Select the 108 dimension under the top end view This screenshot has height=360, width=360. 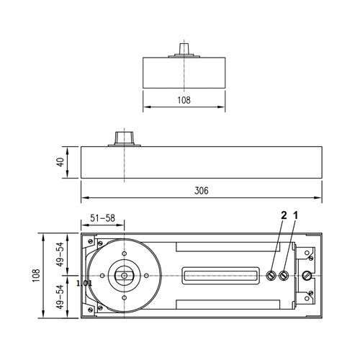184,101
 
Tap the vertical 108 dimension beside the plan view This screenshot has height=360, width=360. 35,275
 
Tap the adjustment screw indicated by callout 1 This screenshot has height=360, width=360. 285,275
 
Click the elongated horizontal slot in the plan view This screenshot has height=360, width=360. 221,275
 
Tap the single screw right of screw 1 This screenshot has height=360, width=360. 308,275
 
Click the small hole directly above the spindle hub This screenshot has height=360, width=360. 124,254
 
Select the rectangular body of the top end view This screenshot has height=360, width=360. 184,72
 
